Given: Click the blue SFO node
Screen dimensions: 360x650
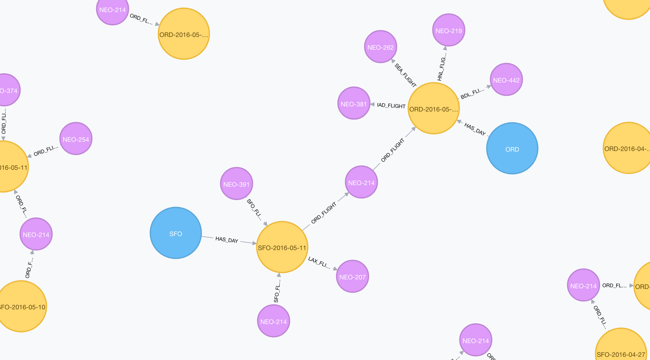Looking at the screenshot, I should pyautogui.click(x=176, y=233).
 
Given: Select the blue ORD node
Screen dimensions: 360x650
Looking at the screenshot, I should pyautogui.click(x=512, y=148).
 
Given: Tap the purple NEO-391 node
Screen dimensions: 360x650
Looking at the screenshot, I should pyautogui.click(x=236, y=184).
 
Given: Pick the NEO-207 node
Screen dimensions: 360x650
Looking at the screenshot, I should pyautogui.click(x=352, y=276).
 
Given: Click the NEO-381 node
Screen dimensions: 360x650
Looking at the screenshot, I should pyautogui.click(x=354, y=103).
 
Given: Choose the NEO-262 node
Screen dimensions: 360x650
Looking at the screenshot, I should pyautogui.click(x=380, y=47).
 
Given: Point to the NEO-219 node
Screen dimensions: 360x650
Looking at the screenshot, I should pyautogui.click(x=449, y=30).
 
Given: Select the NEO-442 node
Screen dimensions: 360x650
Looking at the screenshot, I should pyautogui.click(x=506, y=79).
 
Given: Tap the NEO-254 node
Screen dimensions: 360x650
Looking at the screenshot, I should pyautogui.click(x=76, y=139).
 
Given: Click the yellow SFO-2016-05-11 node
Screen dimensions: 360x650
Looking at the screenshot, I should pyautogui.click(x=282, y=247).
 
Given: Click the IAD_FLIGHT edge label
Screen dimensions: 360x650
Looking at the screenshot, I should pyautogui.click(x=391, y=105).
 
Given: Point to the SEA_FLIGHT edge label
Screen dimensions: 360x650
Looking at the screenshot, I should pyautogui.click(x=405, y=75).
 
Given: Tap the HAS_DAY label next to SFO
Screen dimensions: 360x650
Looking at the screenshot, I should pyautogui.click(x=227, y=240).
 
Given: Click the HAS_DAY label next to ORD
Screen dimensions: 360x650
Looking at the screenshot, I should pyautogui.click(x=475, y=129).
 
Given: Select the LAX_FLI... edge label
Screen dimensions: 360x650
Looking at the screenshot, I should pyautogui.click(x=319, y=263).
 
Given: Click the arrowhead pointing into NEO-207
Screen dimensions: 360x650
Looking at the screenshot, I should pyautogui.click(x=335, y=269).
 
